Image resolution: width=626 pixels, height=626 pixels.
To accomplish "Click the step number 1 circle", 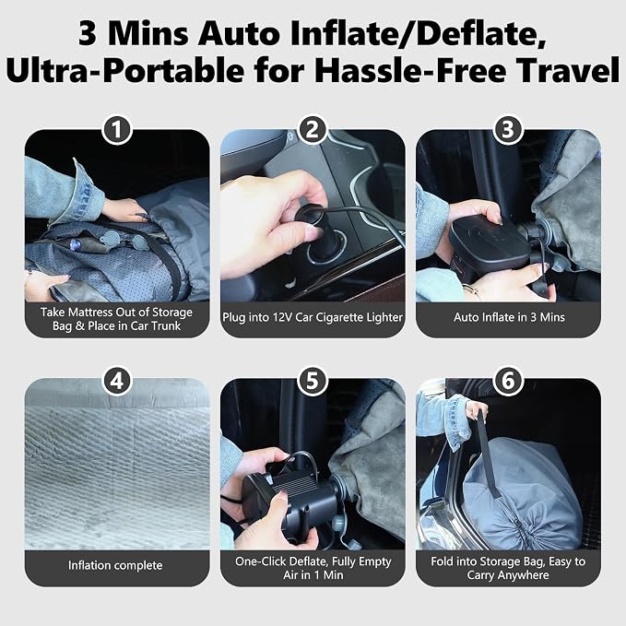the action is coord(116,129).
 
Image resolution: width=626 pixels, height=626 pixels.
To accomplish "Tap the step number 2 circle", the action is coord(313,129).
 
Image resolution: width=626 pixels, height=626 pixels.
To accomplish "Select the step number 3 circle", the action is coord(508,129).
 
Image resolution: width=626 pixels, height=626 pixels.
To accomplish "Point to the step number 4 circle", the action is coord(116,381).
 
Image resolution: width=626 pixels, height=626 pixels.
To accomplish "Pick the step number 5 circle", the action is coord(313,381).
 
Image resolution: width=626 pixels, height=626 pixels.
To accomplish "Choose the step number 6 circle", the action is coord(508,381).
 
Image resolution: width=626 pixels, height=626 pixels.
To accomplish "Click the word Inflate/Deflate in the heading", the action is coord(418,35).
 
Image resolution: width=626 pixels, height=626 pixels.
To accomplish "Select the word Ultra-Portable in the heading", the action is coord(125,71).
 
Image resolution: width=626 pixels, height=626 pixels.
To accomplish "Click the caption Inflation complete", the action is coord(115,565).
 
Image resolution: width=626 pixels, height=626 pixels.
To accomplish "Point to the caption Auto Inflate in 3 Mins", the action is coord(509,317).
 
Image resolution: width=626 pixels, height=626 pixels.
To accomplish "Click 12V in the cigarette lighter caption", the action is coord(283,317).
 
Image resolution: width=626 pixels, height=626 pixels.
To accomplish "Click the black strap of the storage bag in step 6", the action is coord(488,455).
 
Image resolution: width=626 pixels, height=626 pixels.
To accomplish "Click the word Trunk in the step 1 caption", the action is coord(165,325).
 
